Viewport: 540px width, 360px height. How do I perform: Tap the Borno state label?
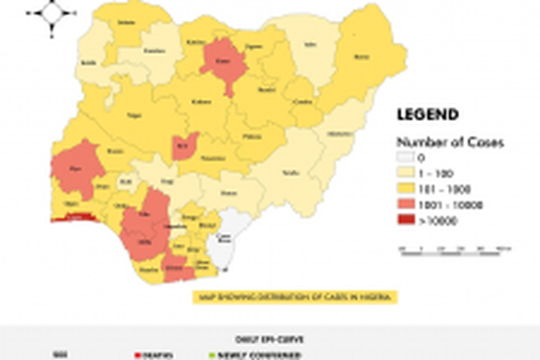click(x=360, y=56)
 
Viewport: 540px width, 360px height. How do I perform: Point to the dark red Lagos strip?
click(x=74, y=218)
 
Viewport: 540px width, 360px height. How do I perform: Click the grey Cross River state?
click(x=226, y=239)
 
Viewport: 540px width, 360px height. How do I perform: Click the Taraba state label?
click(x=290, y=173)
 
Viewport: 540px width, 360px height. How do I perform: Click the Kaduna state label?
click(x=201, y=101)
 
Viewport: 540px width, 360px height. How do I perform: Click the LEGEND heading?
click(x=427, y=115)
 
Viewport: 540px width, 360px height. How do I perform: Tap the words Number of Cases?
click(x=451, y=142)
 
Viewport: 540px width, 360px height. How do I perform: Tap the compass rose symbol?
click(x=52, y=12)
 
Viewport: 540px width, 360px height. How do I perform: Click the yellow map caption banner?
click(x=292, y=296)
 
